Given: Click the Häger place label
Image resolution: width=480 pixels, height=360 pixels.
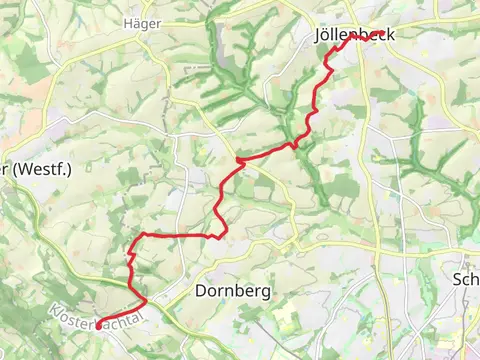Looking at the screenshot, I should pyautogui.click(x=141, y=22).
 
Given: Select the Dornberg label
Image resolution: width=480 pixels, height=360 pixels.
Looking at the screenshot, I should pyautogui.click(x=228, y=291).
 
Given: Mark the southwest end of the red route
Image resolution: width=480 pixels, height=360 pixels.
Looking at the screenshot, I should pyautogui.click(x=99, y=322).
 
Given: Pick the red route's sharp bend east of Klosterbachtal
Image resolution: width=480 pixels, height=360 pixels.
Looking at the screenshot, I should pyautogui.click(x=146, y=300).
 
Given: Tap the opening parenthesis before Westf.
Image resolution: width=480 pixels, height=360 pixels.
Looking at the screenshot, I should pyautogui.click(x=18, y=167).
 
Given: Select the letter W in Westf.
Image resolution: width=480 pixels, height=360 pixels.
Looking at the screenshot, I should pyautogui.click(x=28, y=167).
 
